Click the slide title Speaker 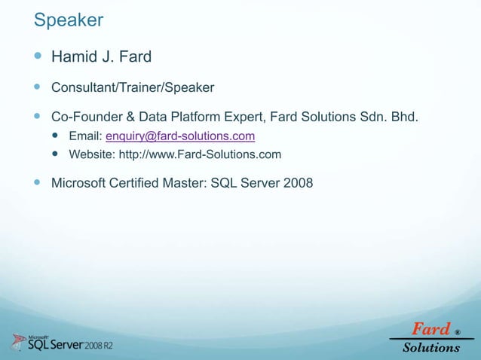click(x=68, y=20)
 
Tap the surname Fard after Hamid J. click(x=136, y=56)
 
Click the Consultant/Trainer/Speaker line click(x=133, y=88)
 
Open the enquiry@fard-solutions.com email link click(x=179, y=136)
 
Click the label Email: click(x=85, y=136)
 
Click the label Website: click(x=93, y=155)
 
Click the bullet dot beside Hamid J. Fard click(x=38, y=56)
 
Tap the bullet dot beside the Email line click(x=57, y=136)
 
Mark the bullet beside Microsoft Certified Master click(x=38, y=183)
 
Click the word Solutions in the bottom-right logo click(x=430, y=348)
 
